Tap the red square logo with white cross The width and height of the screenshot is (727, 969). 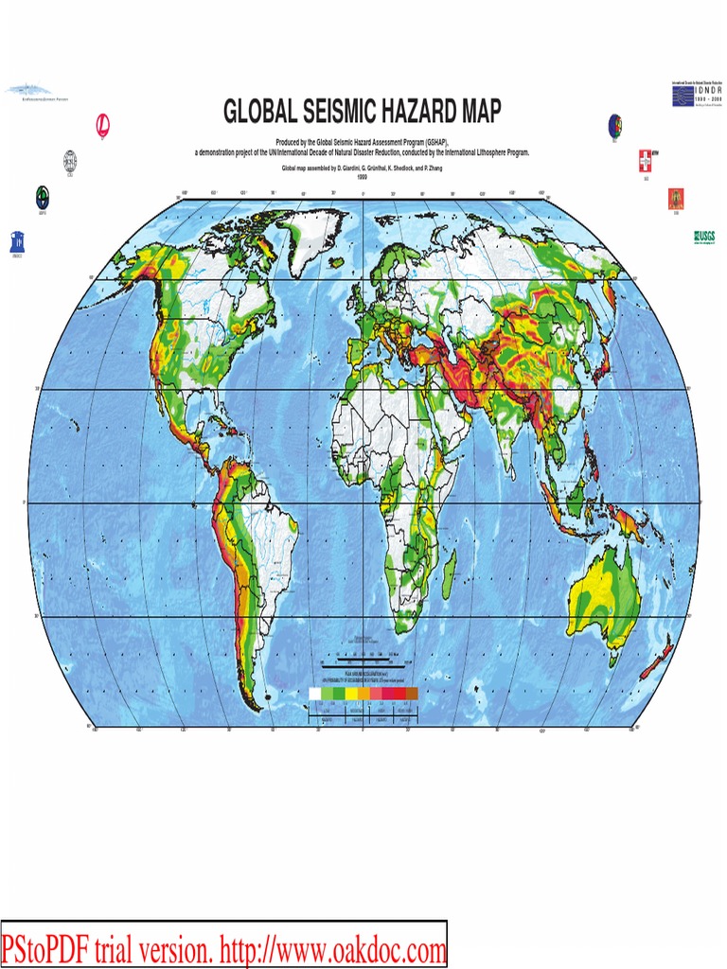pyautogui.click(x=647, y=156)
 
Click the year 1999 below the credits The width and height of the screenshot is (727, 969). pyautogui.click(x=362, y=177)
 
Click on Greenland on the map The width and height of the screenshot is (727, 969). pyautogui.click(x=312, y=241)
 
